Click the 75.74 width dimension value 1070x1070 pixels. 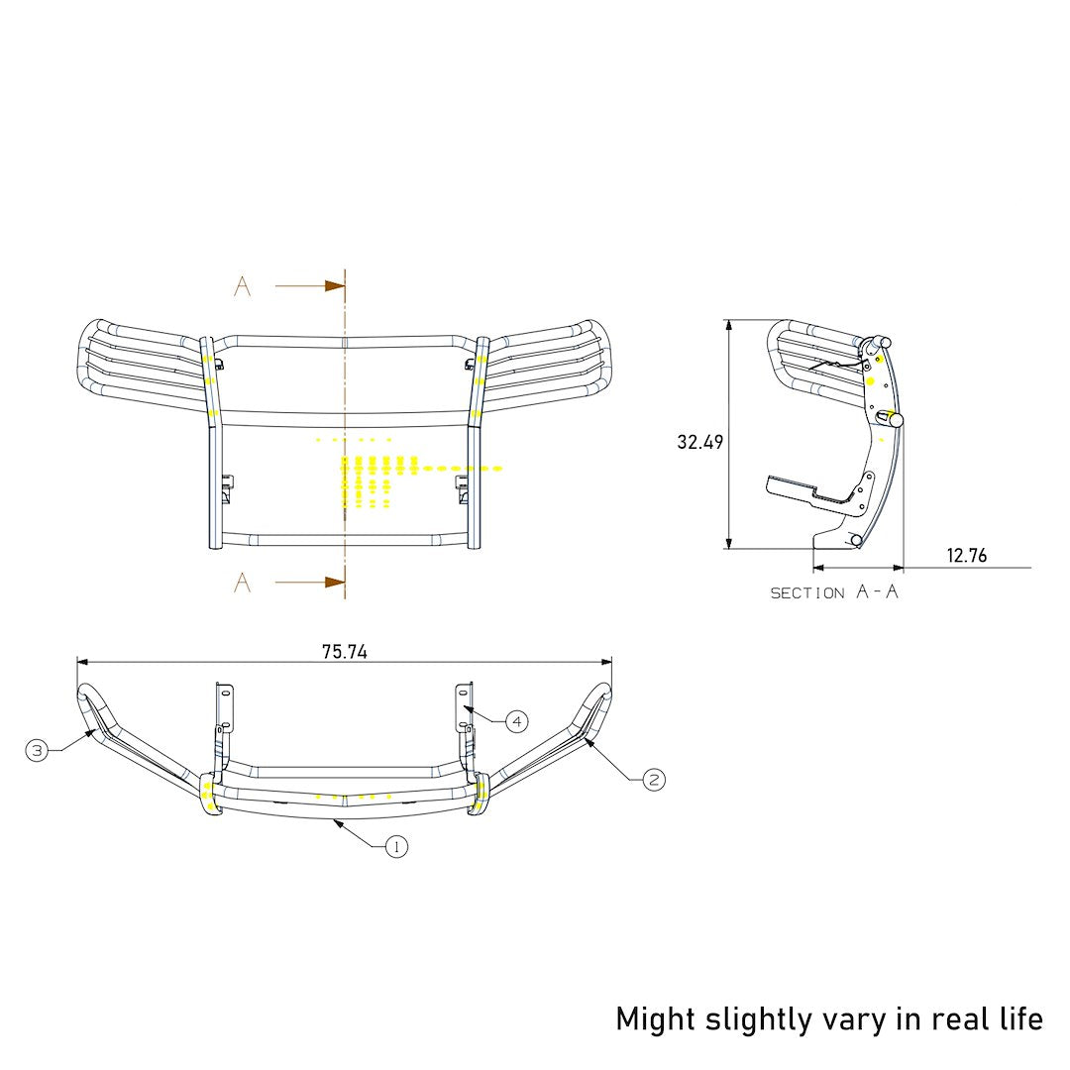point(345,652)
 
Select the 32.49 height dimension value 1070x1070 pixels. point(700,442)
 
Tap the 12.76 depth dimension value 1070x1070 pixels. point(966,556)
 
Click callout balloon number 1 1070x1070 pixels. point(396,846)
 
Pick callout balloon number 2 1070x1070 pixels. point(654,780)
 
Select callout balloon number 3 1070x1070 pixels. point(37,751)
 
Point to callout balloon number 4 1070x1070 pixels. point(516,721)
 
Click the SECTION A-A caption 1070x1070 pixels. point(835,592)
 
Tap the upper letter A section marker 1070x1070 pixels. point(243,287)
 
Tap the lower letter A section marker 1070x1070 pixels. point(243,583)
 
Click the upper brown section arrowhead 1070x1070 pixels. point(335,286)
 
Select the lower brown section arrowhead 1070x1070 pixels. point(335,582)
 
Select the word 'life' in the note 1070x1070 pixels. point(1020,1018)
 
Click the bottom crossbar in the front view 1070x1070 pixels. point(342,540)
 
